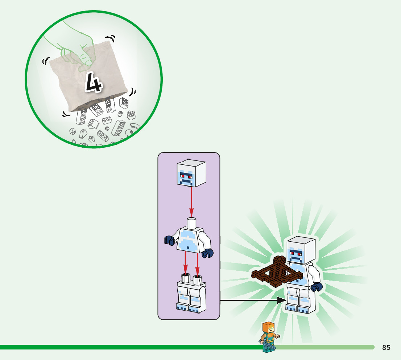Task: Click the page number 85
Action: pyautogui.click(x=386, y=348)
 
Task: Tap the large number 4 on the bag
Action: pyautogui.click(x=93, y=82)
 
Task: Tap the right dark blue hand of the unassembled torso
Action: pyautogui.click(x=208, y=253)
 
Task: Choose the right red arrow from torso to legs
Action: pyautogui.click(x=197, y=265)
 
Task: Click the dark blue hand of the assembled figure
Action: pyautogui.click(x=317, y=287)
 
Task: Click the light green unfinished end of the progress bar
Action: pyautogui.click(x=326, y=347)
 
